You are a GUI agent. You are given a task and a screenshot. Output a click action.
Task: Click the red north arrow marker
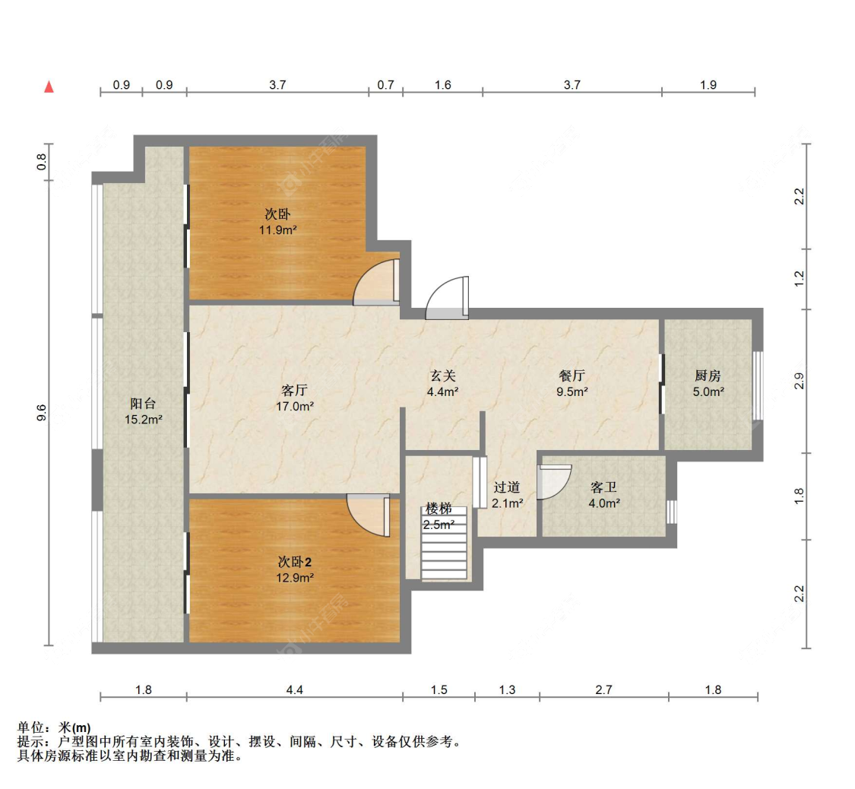point(49,87)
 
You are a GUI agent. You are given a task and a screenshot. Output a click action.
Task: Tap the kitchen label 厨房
point(708,375)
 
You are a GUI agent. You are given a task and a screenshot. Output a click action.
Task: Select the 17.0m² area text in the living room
point(295,406)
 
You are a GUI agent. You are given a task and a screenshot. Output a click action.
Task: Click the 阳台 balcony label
point(143,404)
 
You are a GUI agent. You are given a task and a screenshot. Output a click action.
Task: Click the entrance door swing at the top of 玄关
point(448,298)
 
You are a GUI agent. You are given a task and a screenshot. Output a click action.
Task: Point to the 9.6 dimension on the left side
point(43,413)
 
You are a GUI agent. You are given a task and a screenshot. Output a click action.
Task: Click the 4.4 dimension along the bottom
point(295,690)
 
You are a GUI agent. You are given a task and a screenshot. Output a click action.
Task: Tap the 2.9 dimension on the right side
point(799,382)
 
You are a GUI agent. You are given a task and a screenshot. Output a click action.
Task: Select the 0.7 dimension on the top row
point(385,86)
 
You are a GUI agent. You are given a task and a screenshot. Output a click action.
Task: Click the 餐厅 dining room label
point(571,375)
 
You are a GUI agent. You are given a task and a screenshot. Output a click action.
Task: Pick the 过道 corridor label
point(507,487)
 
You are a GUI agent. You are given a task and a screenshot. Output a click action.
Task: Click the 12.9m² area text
point(295,577)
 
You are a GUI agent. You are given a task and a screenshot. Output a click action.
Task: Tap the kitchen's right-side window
point(756,385)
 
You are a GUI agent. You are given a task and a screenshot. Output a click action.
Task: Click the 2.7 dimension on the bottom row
point(603,690)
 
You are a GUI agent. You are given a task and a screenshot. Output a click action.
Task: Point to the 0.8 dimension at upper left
point(43,162)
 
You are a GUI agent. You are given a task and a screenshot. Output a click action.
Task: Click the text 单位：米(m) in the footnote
point(53,728)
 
